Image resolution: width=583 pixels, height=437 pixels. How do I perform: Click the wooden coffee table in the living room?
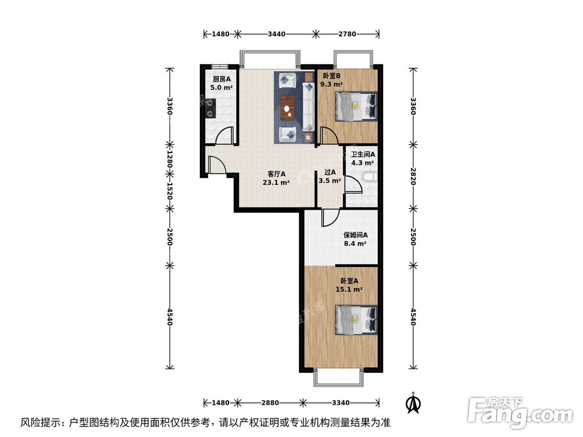(287, 107)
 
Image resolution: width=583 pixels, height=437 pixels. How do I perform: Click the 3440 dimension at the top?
(276, 34)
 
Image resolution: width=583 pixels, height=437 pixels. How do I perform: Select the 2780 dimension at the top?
(347, 34)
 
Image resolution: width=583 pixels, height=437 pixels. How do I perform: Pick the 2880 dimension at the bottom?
(271, 403)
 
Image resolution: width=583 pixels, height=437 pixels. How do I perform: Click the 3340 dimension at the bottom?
(340, 403)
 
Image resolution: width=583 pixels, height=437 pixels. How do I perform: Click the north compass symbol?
(414, 403)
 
